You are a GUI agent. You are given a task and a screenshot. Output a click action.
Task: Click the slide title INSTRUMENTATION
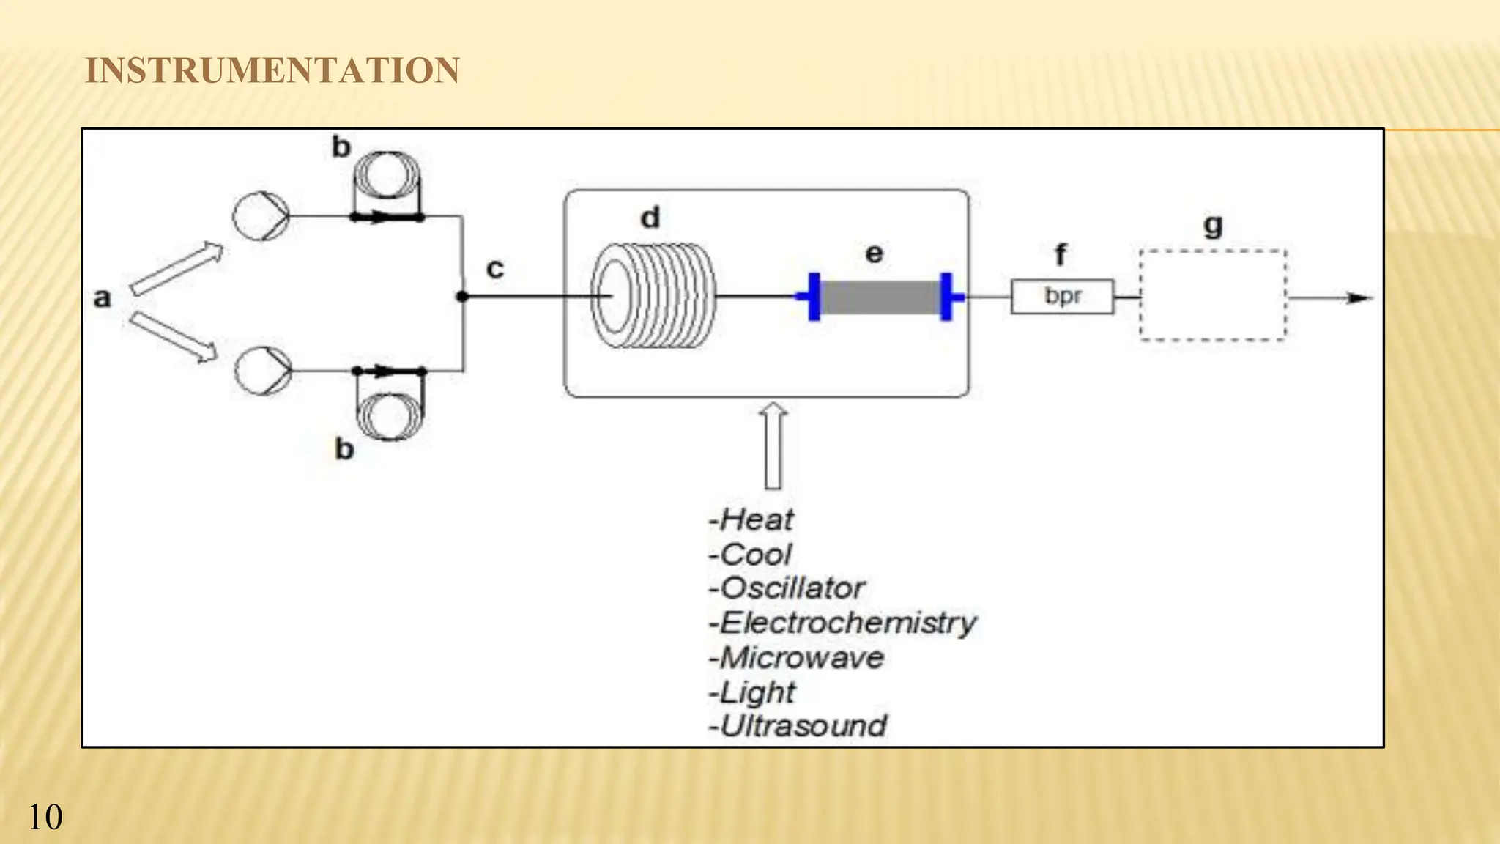click(x=272, y=71)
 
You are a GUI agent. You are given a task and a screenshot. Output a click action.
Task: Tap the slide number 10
click(x=45, y=818)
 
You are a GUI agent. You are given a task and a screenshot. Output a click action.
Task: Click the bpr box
click(x=1062, y=297)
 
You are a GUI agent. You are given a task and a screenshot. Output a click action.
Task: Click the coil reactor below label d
click(x=652, y=296)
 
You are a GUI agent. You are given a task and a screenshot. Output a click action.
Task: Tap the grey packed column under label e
click(x=880, y=297)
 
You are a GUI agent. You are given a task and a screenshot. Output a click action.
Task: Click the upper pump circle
click(x=261, y=216)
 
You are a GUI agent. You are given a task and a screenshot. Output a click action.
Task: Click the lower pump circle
click(x=262, y=371)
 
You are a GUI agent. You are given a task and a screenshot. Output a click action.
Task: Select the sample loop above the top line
click(x=387, y=176)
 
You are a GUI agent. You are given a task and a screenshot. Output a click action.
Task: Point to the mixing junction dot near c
click(x=461, y=297)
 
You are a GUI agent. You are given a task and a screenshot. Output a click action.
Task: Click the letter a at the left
click(x=103, y=298)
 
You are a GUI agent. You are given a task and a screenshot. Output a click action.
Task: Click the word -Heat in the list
click(x=751, y=520)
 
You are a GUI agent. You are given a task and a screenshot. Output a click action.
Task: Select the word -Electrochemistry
click(x=842, y=623)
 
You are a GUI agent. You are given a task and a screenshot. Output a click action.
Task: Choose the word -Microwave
click(x=796, y=658)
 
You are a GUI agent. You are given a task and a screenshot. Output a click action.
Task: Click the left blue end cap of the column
click(x=813, y=296)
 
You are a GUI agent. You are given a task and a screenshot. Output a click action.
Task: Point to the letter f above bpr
click(x=1060, y=255)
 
